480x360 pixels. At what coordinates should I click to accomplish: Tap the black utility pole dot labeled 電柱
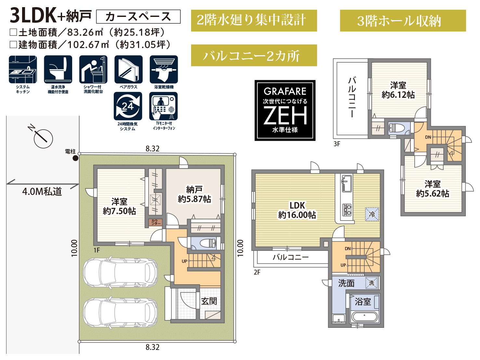75,158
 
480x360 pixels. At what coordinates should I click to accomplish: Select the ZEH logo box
285,110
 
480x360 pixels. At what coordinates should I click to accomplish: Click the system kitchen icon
23,69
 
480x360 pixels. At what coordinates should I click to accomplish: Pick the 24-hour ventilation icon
128,106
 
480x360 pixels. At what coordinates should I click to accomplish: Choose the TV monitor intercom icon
163,106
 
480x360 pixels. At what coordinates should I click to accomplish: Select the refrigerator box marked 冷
372,214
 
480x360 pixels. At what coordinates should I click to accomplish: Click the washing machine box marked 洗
371,283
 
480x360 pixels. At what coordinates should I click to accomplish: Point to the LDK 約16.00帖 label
297,210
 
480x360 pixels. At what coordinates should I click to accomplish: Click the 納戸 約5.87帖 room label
194,194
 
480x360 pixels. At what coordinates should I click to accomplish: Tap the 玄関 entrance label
209,301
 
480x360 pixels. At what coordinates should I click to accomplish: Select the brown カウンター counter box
156,222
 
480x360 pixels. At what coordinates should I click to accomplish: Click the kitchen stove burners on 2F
347,210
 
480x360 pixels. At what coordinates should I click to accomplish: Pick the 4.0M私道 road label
42,192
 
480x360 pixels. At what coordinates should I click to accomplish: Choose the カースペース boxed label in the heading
138,17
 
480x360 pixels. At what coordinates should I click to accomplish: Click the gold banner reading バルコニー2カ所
254,55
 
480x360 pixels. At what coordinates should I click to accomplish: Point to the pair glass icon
128,69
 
